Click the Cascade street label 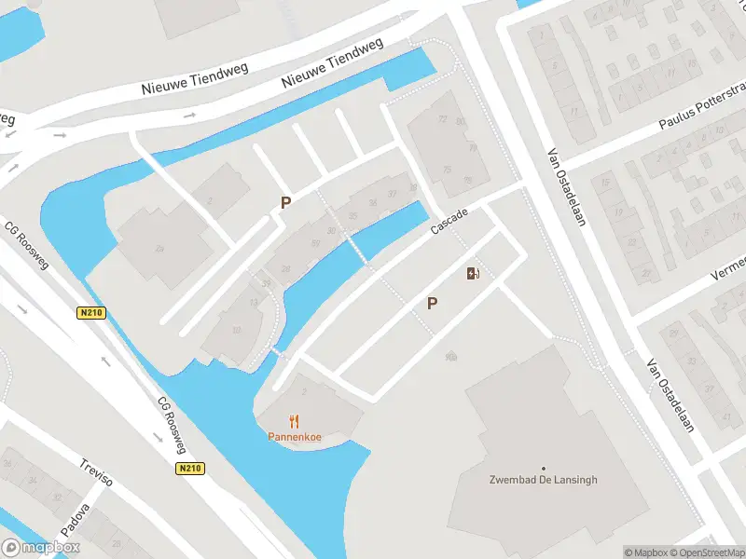click(x=449, y=222)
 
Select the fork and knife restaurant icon click(x=295, y=420)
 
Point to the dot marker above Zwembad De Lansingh click(x=544, y=469)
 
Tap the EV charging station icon click(x=472, y=273)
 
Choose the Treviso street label click(x=95, y=472)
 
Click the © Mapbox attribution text click(x=646, y=552)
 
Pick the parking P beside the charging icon click(x=432, y=303)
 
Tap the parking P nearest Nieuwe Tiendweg click(x=285, y=201)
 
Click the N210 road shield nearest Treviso click(x=188, y=470)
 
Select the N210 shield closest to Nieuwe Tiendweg click(x=90, y=313)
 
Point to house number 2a click(x=451, y=357)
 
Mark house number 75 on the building click(x=447, y=169)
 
